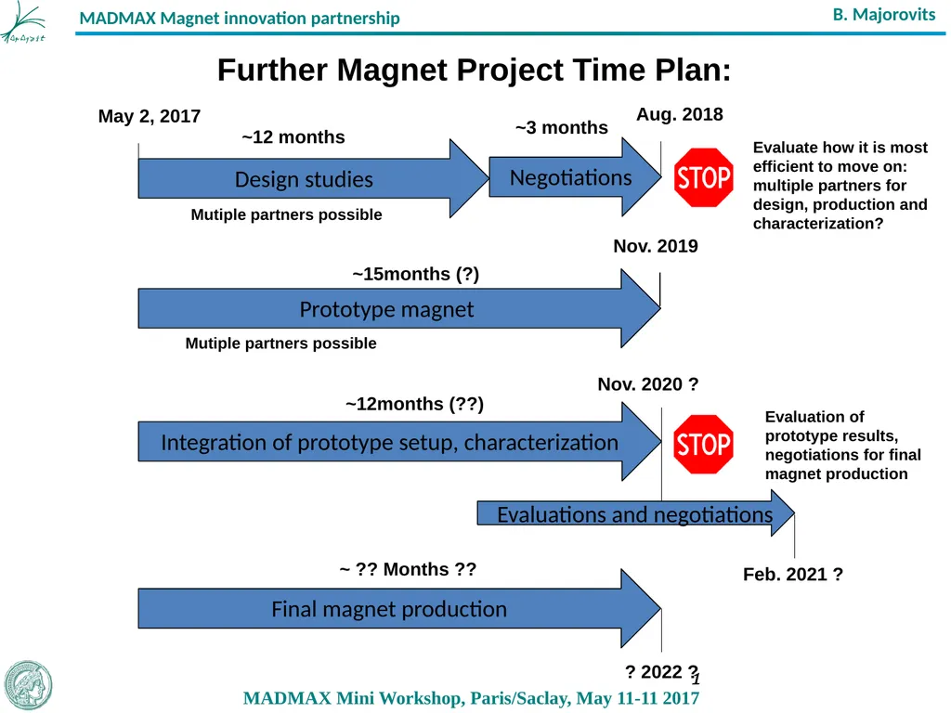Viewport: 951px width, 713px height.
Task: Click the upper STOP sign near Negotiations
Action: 704,177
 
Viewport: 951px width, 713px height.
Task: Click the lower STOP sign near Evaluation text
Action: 704,444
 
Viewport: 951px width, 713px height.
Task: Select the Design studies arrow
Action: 304,179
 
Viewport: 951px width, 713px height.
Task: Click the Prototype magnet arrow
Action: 386,309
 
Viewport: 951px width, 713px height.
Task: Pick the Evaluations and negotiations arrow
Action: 634,514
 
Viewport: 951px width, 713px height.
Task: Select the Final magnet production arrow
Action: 389,609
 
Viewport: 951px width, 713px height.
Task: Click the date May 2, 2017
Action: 150,116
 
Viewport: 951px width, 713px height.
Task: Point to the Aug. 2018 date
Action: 679,114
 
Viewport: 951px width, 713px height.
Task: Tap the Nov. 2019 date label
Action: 655,246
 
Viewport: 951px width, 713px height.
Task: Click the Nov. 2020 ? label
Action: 647,384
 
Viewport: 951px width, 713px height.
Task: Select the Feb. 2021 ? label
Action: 792,575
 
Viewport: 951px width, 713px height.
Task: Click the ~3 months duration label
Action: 561,128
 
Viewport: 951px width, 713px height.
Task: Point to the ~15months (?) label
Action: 415,274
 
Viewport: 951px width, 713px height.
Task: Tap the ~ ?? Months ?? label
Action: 408,569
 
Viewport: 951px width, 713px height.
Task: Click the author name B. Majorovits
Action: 883,15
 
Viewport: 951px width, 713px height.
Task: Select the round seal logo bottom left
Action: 28,684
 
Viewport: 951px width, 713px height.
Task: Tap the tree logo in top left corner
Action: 23,23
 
